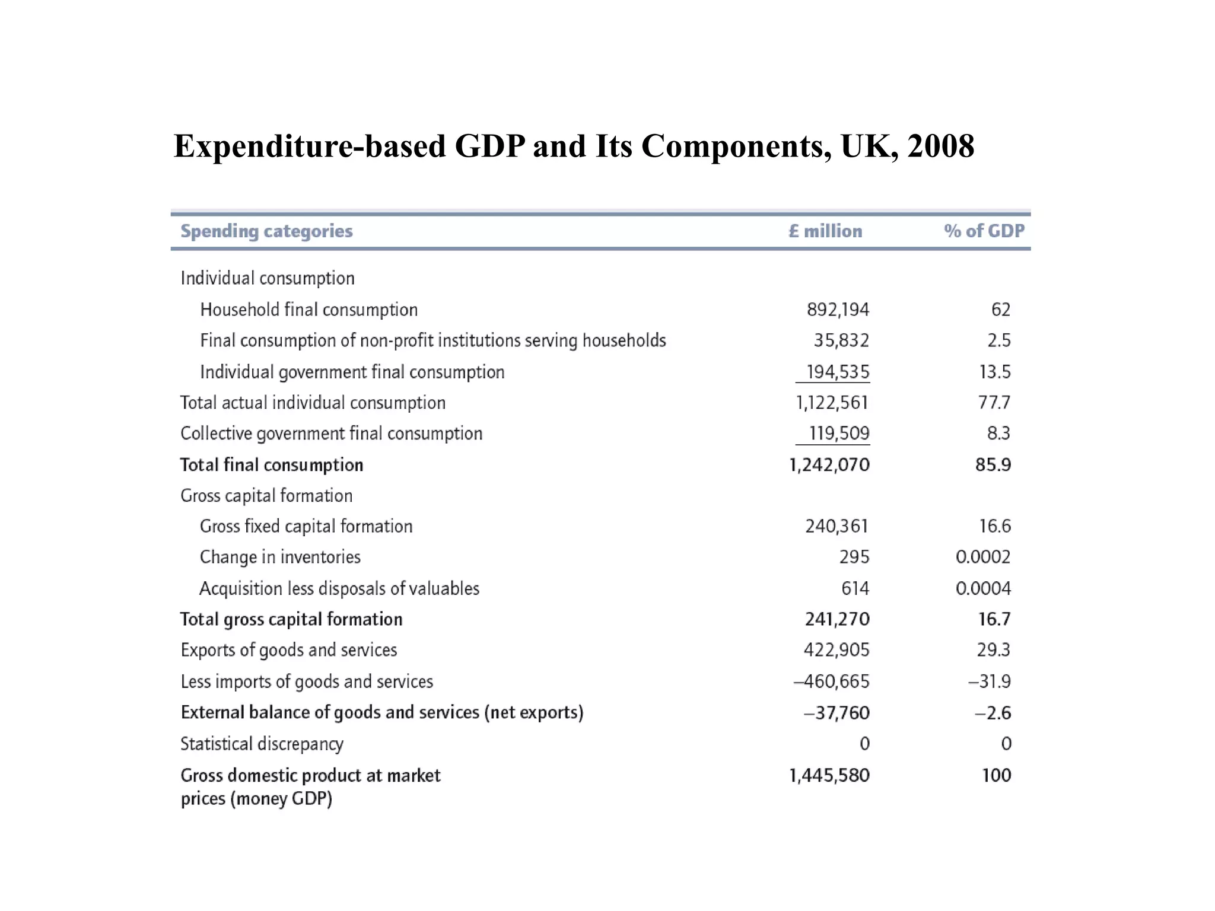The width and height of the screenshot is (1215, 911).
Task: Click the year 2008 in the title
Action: coord(940,146)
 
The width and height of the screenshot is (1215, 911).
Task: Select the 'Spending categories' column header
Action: coord(266,231)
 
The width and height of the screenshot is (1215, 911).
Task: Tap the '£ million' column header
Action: coord(825,231)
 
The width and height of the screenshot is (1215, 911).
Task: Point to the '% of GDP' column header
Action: coord(984,231)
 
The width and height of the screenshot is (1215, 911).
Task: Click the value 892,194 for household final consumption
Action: coord(838,310)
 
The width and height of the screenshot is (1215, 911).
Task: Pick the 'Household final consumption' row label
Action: coord(308,310)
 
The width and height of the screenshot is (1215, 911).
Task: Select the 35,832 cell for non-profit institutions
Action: coord(841,340)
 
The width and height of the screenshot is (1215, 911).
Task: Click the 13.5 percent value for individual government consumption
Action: coord(994,372)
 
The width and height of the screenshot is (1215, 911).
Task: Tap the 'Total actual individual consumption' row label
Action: coord(313,403)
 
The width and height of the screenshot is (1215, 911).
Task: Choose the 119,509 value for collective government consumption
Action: coord(839,434)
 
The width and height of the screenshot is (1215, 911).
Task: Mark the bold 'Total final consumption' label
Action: coord(272,465)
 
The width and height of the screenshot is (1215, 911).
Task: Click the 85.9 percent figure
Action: coord(993,465)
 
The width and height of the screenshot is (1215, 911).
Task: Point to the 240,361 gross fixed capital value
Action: coord(836,526)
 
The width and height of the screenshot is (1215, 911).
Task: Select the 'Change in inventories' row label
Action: coord(280,557)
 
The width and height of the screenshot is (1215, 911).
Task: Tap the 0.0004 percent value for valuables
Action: coord(983,588)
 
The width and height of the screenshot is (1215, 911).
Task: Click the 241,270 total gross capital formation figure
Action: coord(837,619)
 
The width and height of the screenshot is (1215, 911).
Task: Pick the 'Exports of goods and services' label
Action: coord(289,650)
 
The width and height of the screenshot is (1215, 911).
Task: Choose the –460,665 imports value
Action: coord(831,681)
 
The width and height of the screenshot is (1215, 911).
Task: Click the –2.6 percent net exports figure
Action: coord(993,712)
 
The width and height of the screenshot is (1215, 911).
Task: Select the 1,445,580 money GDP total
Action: coord(829,775)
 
